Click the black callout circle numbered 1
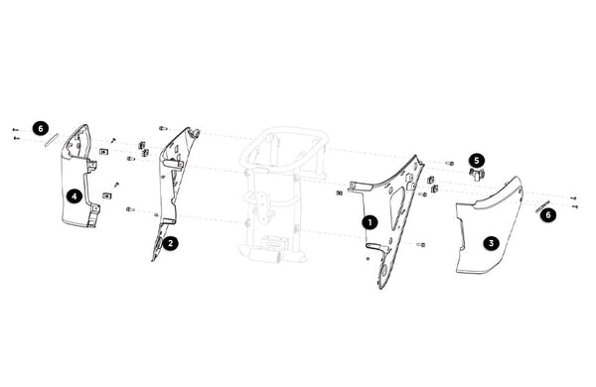pyautogui.click(x=370, y=222)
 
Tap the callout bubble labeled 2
pyautogui.click(x=170, y=243)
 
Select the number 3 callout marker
pyautogui.click(x=491, y=243)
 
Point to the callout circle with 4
pyautogui.click(x=74, y=196)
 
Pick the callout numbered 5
pyautogui.click(x=477, y=161)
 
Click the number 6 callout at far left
pyautogui.click(x=41, y=128)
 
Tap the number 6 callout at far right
pyautogui.click(x=547, y=215)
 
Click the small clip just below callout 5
pyautogui.click(x=477, y=174)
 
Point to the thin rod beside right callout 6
pyautogui.click(x=542, y=206)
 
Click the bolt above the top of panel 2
pyautogui.click(x=163, y=128)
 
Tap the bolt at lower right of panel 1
pyautogui.click(x=421, y=244)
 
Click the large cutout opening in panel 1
pyautogui.click(x=397, y=208)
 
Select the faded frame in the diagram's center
pyautogui.click(x=283, y=194)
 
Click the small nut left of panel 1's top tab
pyautogui.click(x=340, y=193)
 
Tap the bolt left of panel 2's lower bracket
pyautogui.click(x=130, y=209)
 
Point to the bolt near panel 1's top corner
pyautogui.click(x=449, y=164)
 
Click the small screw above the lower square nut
pyautogui.click(x=117, y=184)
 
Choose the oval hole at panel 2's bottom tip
pyautogui.click(x=157, y=244)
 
